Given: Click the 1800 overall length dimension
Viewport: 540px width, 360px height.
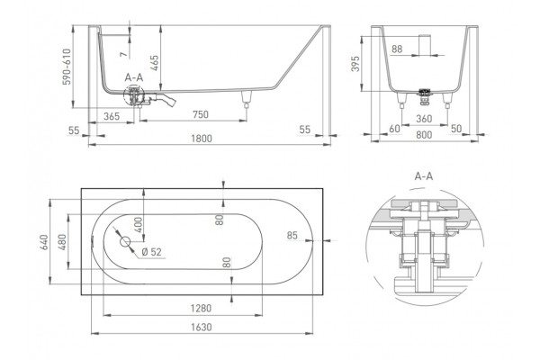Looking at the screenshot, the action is (202, 139).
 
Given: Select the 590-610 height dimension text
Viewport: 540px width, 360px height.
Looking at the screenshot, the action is (67, 67).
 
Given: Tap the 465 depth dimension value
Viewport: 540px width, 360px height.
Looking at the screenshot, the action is (155, 63).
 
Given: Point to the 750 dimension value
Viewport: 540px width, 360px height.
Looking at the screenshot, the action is (201, 114).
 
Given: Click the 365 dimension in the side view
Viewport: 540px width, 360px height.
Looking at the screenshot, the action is (112, 116).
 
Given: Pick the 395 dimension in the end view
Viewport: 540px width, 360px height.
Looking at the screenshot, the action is (355, 63).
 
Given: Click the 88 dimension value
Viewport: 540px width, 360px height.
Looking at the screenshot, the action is (397, 49).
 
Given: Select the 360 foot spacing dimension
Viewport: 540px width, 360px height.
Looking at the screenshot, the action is (424, 119).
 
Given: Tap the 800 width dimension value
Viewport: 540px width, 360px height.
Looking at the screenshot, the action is (424, 135).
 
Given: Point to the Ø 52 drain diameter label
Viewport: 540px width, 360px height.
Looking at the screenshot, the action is (151, 252).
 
